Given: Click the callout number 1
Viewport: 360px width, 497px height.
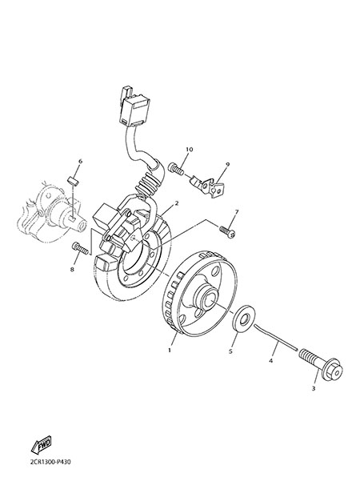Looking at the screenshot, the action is tap(170, 351).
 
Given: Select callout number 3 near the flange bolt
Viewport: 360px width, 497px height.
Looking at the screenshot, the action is tap(314, 389).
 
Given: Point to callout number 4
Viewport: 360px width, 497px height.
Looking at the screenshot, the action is tap(270, 360).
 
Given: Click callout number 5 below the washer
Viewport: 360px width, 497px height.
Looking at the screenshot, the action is tap(230, 351).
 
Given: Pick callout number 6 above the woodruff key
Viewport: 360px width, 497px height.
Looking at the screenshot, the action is tap(80, 162).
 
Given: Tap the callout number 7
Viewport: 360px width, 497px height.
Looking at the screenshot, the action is tap(236, 211).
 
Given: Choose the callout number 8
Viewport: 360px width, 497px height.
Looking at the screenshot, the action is tap(72, 270).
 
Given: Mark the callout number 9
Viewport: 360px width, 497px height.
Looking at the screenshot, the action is tap(227, 164).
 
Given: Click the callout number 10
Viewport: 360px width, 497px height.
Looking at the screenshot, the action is tap(189, 149).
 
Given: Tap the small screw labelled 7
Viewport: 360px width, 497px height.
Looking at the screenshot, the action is tap(227, 231).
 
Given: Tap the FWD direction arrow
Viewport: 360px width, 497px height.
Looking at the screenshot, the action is tap(42, 444).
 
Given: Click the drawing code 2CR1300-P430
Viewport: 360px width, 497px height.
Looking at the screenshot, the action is tap(50, 462).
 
